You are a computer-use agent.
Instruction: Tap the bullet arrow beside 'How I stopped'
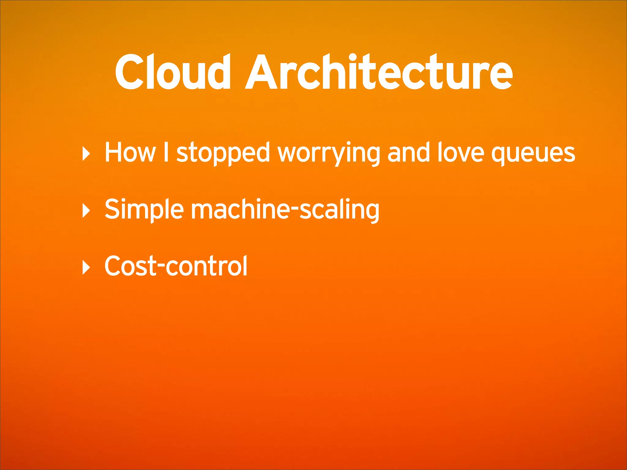coord(86,154)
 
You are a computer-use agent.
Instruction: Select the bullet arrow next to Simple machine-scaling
coord(86,211)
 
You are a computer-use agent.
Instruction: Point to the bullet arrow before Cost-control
coord(86,267)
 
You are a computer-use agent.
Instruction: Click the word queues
coord(533,154)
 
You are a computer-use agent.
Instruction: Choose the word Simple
coord(144,210)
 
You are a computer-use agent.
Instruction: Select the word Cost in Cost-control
coord(130,266)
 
